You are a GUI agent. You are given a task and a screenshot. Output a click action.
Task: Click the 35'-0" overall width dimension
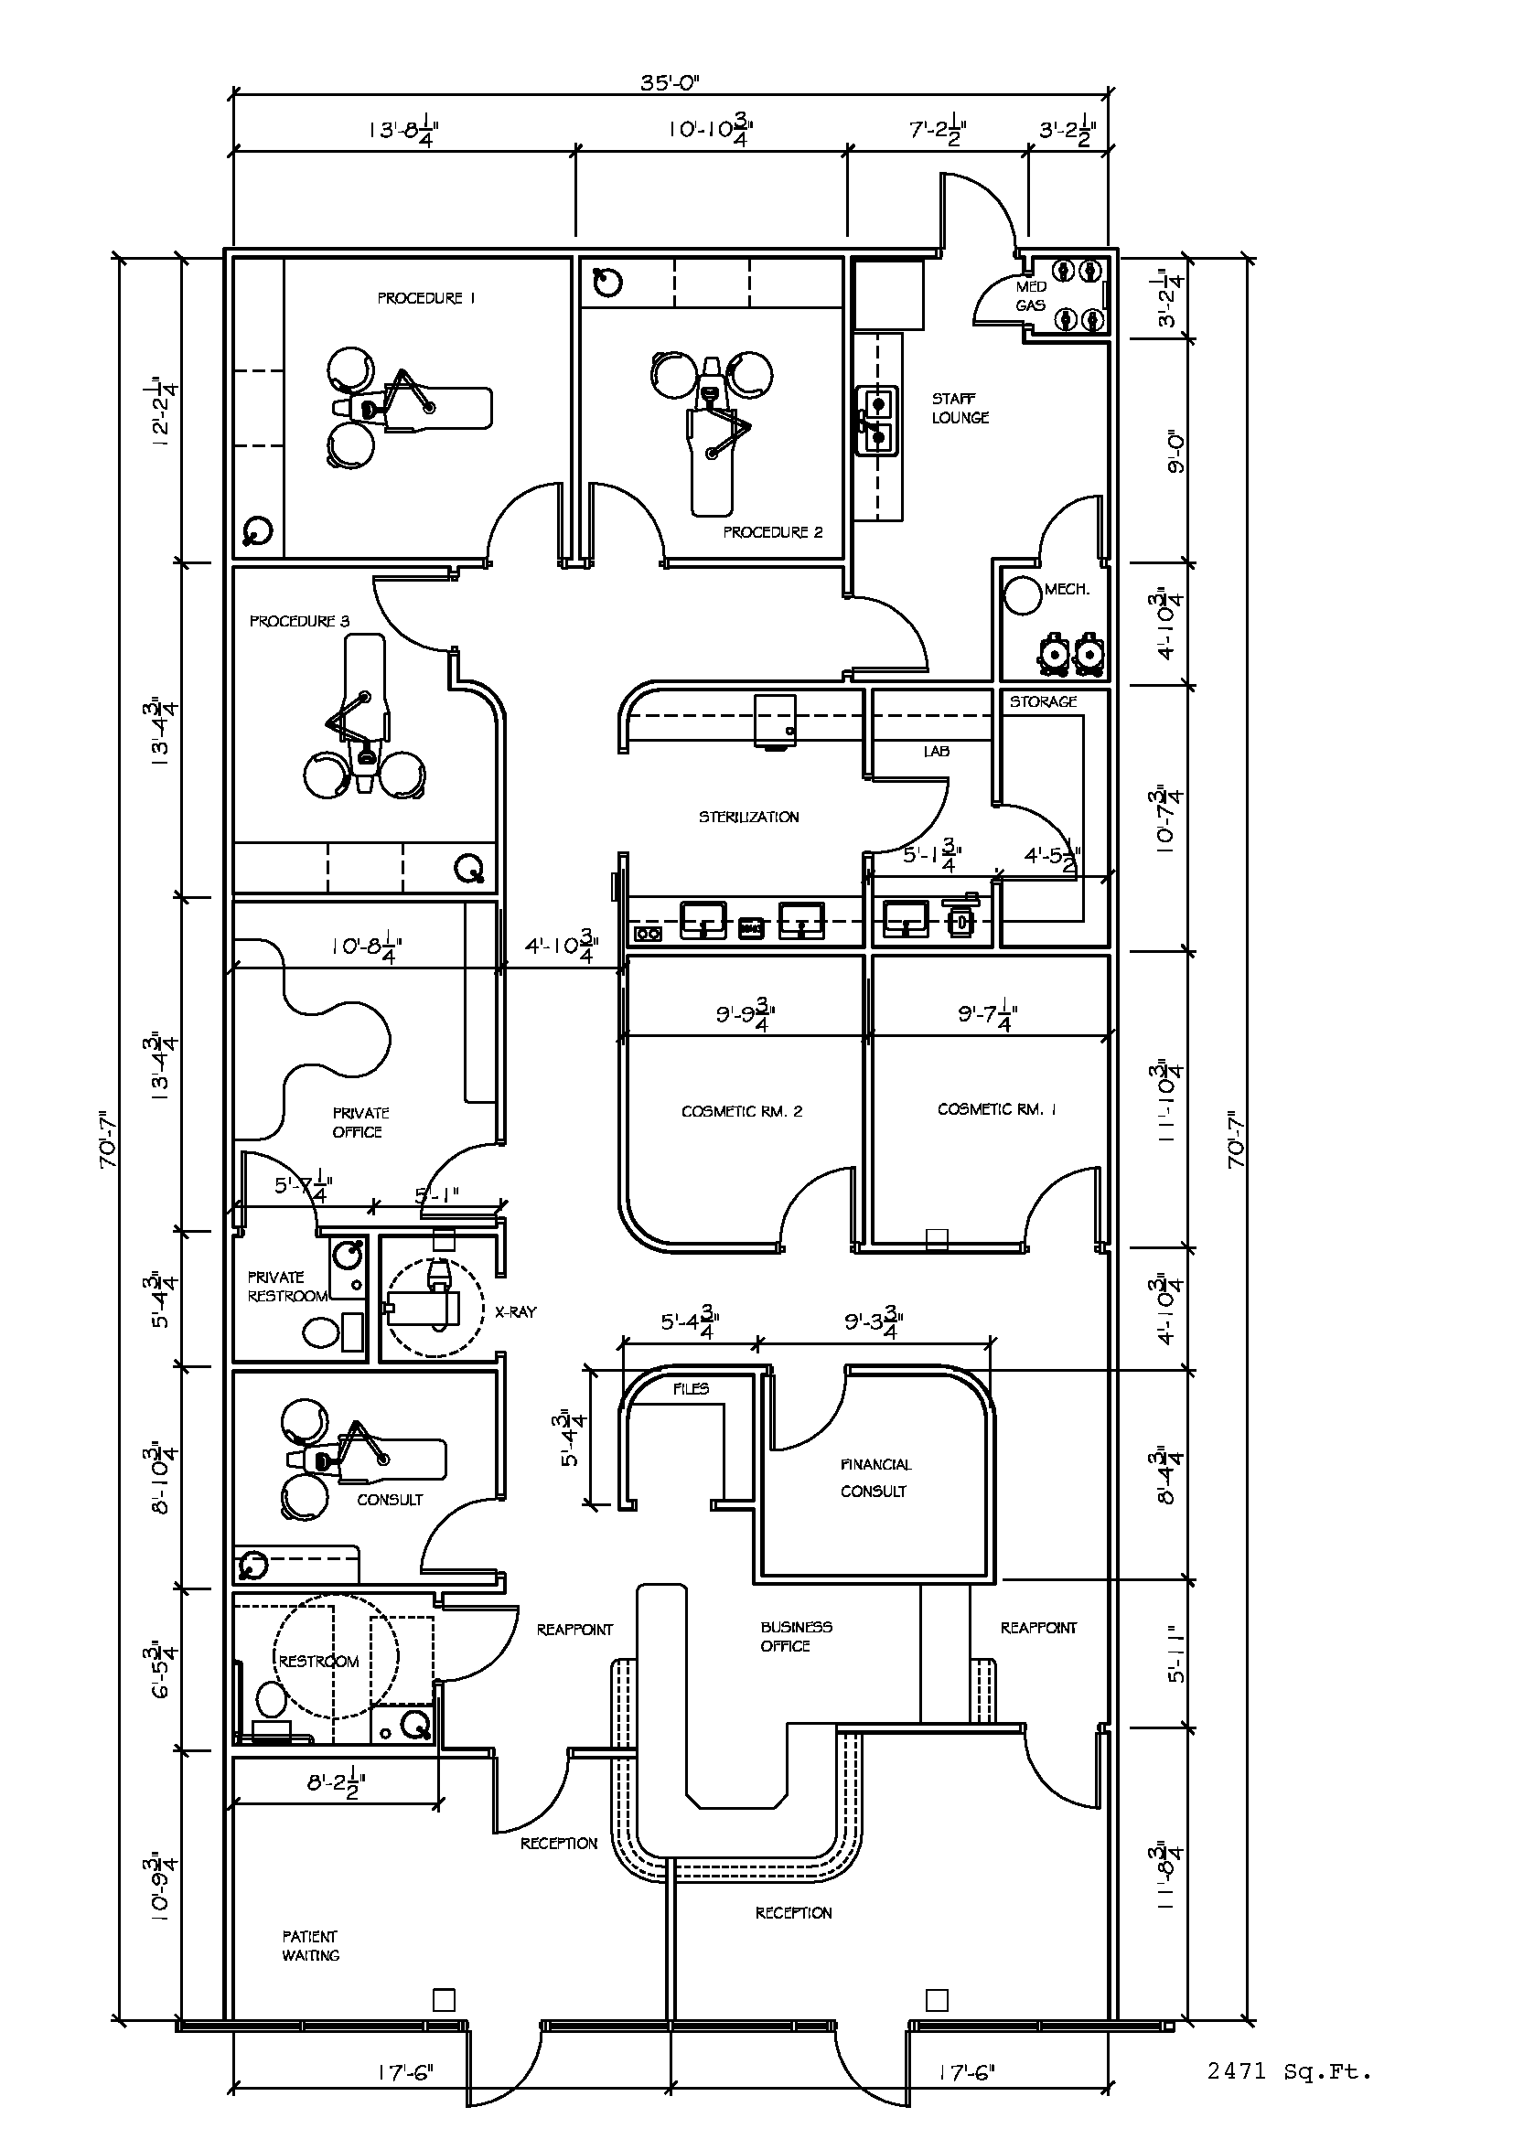[x=669, y=82]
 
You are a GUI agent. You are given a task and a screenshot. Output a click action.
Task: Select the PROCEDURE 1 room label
[x=425, y=298]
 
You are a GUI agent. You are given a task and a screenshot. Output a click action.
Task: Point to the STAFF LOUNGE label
[x=960, y=408]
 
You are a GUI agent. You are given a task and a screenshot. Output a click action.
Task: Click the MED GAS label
[x=1030, y=296]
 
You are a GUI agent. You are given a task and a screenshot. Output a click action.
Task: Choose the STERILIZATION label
[x=749, y=817]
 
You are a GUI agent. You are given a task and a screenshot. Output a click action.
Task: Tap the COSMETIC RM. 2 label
[x=742, y=1111]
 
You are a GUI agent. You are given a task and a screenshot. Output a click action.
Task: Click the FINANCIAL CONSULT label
[x=874, y=1478]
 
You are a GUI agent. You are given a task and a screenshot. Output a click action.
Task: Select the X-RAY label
[x=515, y=1311]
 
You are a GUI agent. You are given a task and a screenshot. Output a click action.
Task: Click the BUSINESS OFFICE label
[x=797, y=1637]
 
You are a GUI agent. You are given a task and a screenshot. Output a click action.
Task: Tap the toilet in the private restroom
[x=321, y=1332]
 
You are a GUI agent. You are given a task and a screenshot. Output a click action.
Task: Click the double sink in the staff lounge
[x=877, y=420]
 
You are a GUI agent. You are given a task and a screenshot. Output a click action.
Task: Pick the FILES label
[x=692, y=1388]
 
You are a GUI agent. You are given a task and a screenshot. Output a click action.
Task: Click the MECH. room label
[x=1066, y=589]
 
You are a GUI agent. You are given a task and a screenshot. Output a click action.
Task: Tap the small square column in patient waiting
[x=445, y=2000]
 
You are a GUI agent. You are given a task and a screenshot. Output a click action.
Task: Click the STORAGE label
[x=1044, y=701]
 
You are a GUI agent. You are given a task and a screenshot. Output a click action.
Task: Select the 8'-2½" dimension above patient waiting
[x=337, y=1785]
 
